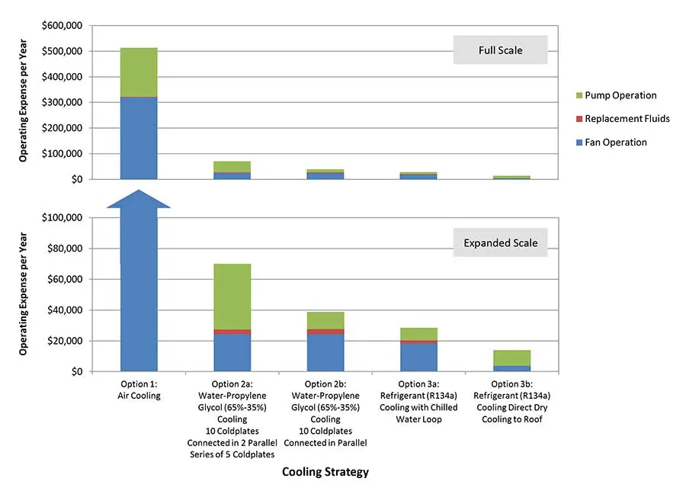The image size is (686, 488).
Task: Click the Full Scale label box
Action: [x=500, y=50]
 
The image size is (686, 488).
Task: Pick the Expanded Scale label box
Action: [x=500, y=243]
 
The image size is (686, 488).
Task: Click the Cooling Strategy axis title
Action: [x=325, y=471]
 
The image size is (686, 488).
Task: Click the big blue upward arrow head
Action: [x=138, y=199]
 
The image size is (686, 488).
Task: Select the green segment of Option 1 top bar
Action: [x=139, y=72]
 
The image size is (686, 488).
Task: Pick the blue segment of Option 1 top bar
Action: [x=139, y=138]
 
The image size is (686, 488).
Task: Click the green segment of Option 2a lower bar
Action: [x=232, y=296]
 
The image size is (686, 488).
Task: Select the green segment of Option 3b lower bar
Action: [x=512, y=358]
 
